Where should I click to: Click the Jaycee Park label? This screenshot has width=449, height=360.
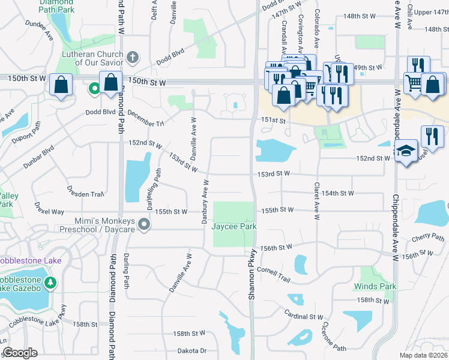click(x=234, y=226)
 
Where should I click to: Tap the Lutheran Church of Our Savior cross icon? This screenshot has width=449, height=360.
click(x=133, y=57)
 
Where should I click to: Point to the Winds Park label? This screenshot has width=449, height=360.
click(x=375, y=286)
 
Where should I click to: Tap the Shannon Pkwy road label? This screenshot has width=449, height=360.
click(x=252, y=276)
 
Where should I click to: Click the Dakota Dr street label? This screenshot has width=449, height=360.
click(x=191, y=350)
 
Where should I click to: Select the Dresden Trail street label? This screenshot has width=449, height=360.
click(x=86, y=194)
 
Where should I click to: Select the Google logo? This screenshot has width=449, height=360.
click(x=20, y=353)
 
